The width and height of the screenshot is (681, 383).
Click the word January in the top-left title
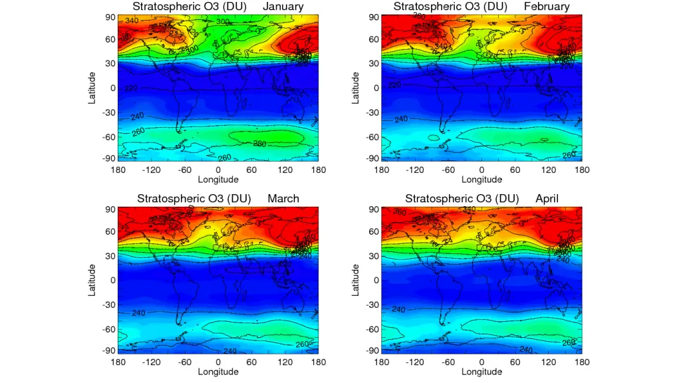[283, 7]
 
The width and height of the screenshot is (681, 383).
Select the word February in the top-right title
[547, 7]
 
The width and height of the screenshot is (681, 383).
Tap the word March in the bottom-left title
[283, 199]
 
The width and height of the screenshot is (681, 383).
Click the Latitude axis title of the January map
[92, 87]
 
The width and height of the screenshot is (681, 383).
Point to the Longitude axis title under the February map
[481, 180]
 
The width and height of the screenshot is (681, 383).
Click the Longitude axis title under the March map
[218, 372]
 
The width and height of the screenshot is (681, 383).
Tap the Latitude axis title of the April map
[356, 279]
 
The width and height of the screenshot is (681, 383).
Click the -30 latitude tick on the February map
[373, 112]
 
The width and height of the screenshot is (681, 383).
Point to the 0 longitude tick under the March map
[218, 362]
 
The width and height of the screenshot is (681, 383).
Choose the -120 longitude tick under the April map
[414, 362]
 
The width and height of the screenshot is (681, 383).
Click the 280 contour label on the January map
[260, 143]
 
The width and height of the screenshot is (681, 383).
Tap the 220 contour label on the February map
[394, 85]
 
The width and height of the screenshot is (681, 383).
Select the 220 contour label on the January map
[130, 88]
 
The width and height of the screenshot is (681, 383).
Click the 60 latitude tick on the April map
[374, 232]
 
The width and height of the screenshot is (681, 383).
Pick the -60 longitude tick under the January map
[184, 170]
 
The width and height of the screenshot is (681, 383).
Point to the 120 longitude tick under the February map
[548, 170]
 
